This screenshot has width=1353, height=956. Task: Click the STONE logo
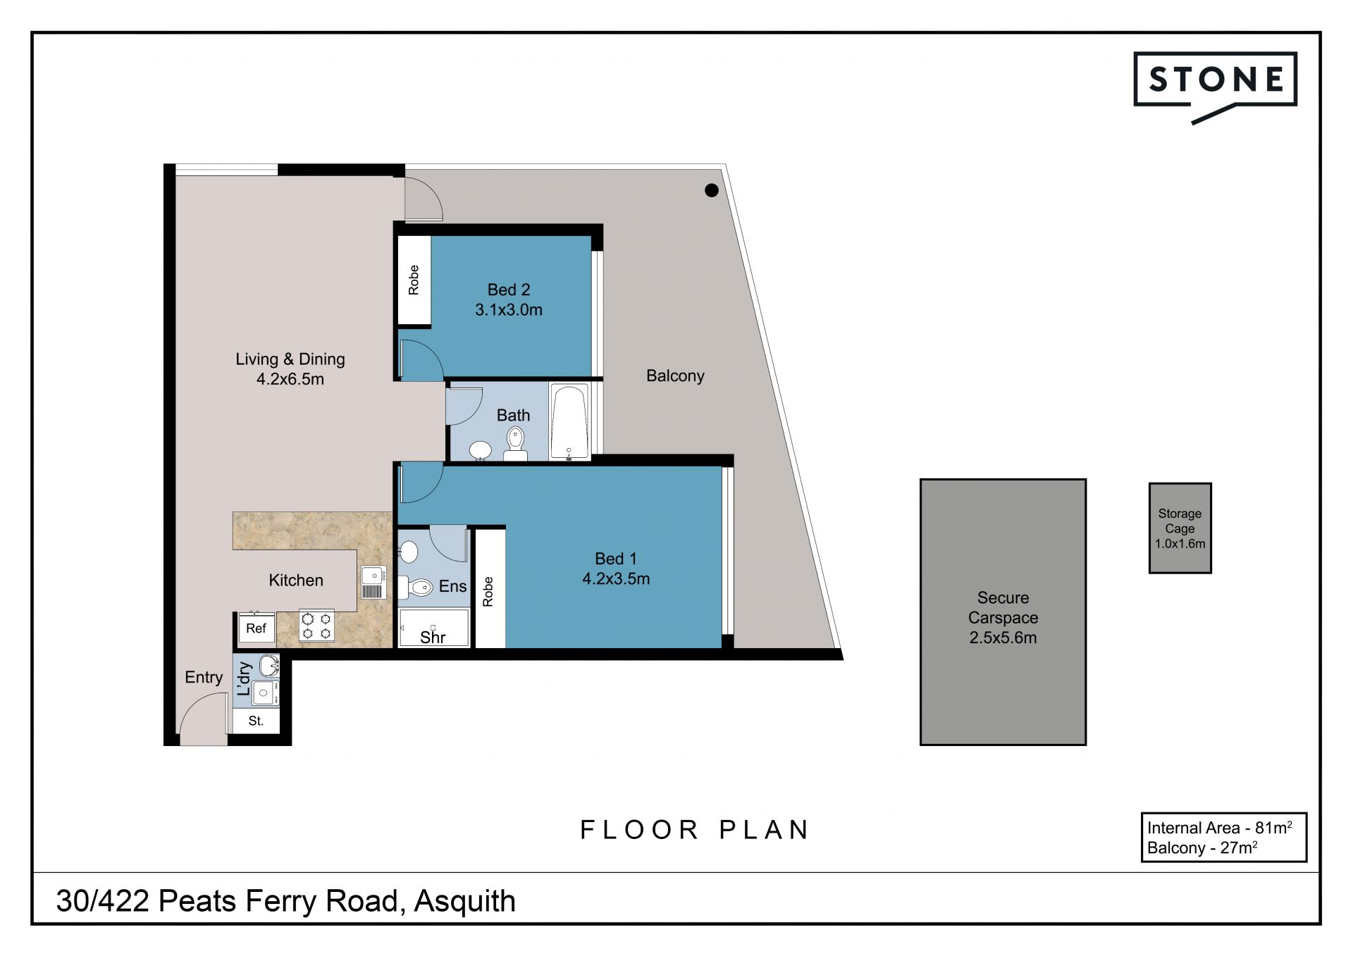pyautogui.click(x=1215, y=85)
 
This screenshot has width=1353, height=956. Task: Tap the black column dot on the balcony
pyautogui.click(x=712, y=190)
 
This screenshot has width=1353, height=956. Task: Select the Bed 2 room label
pyautogui.click(x=509, y=290)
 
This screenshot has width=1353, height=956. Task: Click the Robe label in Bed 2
pyautogui.click(x=414, y=280)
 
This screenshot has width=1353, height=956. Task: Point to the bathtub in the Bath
pyautogui.click(x=569, y=421)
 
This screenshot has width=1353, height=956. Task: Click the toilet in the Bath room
pyautogui.click(x=516, y=444)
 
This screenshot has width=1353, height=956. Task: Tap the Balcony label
pyautogui.click(x=675, y=375)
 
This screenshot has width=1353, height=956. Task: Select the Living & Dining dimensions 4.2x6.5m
pyautogui.click(x=290, y=379)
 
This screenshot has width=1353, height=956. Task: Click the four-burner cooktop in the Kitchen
pyautogui.click(x=316, y=626)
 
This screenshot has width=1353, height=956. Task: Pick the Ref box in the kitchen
pyautogui.click(x=256, y=628)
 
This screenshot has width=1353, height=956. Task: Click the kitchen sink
pyautogui.click(x=373, y=582)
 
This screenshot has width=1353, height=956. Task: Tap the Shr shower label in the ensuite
pyautogui.click(x=433, y=638)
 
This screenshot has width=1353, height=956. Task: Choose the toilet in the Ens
pyautogui.click(x=416, y=587)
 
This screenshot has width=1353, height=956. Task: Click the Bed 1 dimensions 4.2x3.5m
pyautogui.click(x=616, y=578)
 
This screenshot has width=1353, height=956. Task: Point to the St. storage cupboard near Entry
pyautogui.click(x=257, y=721)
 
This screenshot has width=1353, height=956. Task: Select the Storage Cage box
pyautogui.click(x=1180, y=528)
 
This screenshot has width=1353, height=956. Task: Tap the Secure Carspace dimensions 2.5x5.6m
pyautogui.click(x=1003, y=638)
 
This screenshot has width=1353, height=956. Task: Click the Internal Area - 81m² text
pyautogui.click(x=1220, y=828)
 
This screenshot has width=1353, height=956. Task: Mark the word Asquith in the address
pyautogui.click(x=465, y=901)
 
